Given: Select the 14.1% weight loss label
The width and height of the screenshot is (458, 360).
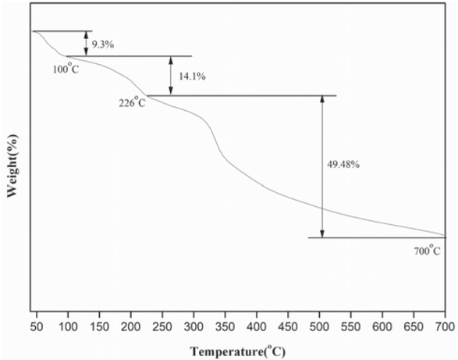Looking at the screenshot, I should click(192, 77).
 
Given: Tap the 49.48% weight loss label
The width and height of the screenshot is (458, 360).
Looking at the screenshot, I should click(343, 165).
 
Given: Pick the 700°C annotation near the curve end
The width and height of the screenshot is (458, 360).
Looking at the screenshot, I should click(426, 251).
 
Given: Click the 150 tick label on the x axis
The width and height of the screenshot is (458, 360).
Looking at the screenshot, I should click(99, 324).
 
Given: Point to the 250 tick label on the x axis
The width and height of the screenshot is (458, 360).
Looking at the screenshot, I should click(162, 324).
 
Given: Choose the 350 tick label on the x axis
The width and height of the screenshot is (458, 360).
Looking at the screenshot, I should click(225, 324).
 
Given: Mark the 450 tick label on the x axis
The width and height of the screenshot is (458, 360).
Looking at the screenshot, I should click(288, 324).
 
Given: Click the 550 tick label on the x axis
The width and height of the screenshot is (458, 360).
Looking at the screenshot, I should click(350, 324).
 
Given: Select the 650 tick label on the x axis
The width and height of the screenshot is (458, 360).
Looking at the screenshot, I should click(414, 324).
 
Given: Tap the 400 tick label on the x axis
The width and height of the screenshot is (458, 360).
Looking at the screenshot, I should click(257, 324).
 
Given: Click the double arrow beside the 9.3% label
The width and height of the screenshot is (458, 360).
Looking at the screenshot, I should click(86, 44).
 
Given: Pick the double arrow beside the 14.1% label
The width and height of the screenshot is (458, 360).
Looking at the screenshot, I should click(171, 76).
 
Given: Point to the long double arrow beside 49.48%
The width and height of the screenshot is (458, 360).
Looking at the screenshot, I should click(321, 166).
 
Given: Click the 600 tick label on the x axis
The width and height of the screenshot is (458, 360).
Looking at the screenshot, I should click(382, 324).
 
